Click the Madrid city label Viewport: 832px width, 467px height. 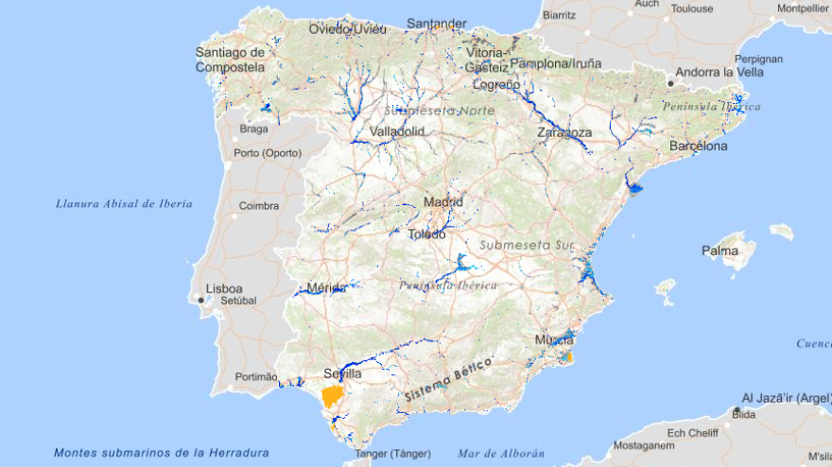tap(443, 201)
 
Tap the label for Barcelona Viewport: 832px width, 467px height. tap(699, 147)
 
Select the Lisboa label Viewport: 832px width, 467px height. tap(224, 288)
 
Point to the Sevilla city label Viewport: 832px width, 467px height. tap(342, 373)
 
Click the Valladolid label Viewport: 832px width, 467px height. tap(397, 131)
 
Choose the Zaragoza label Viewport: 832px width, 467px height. tap(564, 132)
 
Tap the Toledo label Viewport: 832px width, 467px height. tap(426, 234)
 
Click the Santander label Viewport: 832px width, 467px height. tap(437, 23)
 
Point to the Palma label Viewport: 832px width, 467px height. tap(720, 251)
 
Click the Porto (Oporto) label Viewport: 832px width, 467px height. tap(268, 153)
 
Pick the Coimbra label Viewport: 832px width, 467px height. tap(258, 205)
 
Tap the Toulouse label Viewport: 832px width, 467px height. tap(692, 9)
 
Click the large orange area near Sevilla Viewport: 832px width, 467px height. tap(332, 396)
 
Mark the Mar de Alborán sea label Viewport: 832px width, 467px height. tap(501, 453)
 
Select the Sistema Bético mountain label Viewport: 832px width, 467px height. tap(448, 381)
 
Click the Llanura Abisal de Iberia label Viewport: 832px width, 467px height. tap(124, 203)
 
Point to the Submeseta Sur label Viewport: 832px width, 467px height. tap(527, 244)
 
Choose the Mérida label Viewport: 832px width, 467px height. tap(327, 287)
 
